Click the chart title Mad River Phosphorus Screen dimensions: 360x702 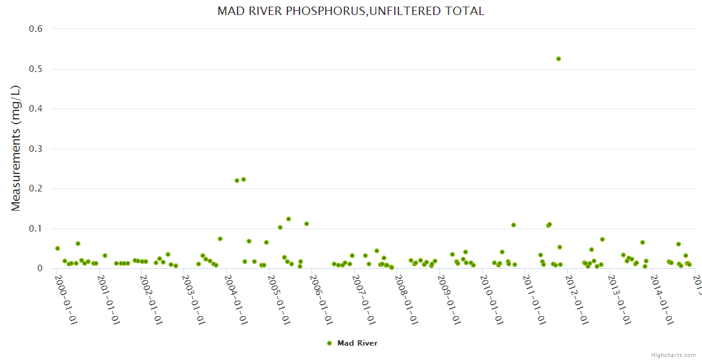pos(350,11)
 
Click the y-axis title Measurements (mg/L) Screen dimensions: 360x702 pos(16,148)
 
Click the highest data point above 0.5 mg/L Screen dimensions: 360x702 pos(559,59)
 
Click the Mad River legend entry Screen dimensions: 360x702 pos(357,343)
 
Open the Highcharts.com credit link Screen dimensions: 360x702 pos(673,355)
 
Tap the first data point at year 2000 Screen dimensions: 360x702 pos(58,248)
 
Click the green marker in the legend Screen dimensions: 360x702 pos(329,343)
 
